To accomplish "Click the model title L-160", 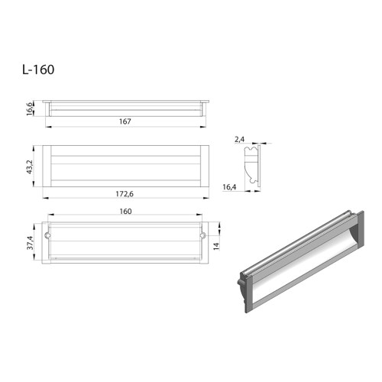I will [38, 69].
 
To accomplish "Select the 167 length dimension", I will [126, 120].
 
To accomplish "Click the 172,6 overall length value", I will [125, 195].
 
